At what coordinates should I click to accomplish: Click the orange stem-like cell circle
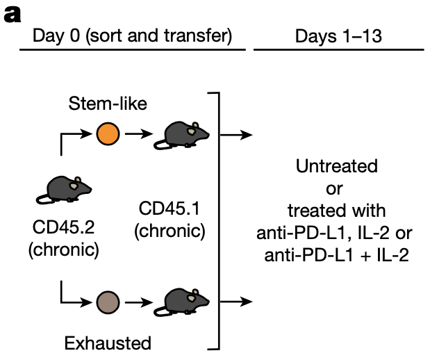pos(107,133)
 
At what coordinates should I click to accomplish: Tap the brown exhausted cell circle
pos(108,302)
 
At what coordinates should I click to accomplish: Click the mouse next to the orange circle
pos(178,133)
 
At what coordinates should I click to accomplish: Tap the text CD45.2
pos(64,228)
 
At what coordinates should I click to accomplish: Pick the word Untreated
pos(336,167)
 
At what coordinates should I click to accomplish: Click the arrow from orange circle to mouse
pos(137,133)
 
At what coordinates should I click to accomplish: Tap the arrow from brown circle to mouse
pos(137,302)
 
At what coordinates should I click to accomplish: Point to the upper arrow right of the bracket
pos(240,133)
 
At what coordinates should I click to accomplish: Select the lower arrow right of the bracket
pos(240,302)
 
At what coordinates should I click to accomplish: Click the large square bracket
pos(217,219)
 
